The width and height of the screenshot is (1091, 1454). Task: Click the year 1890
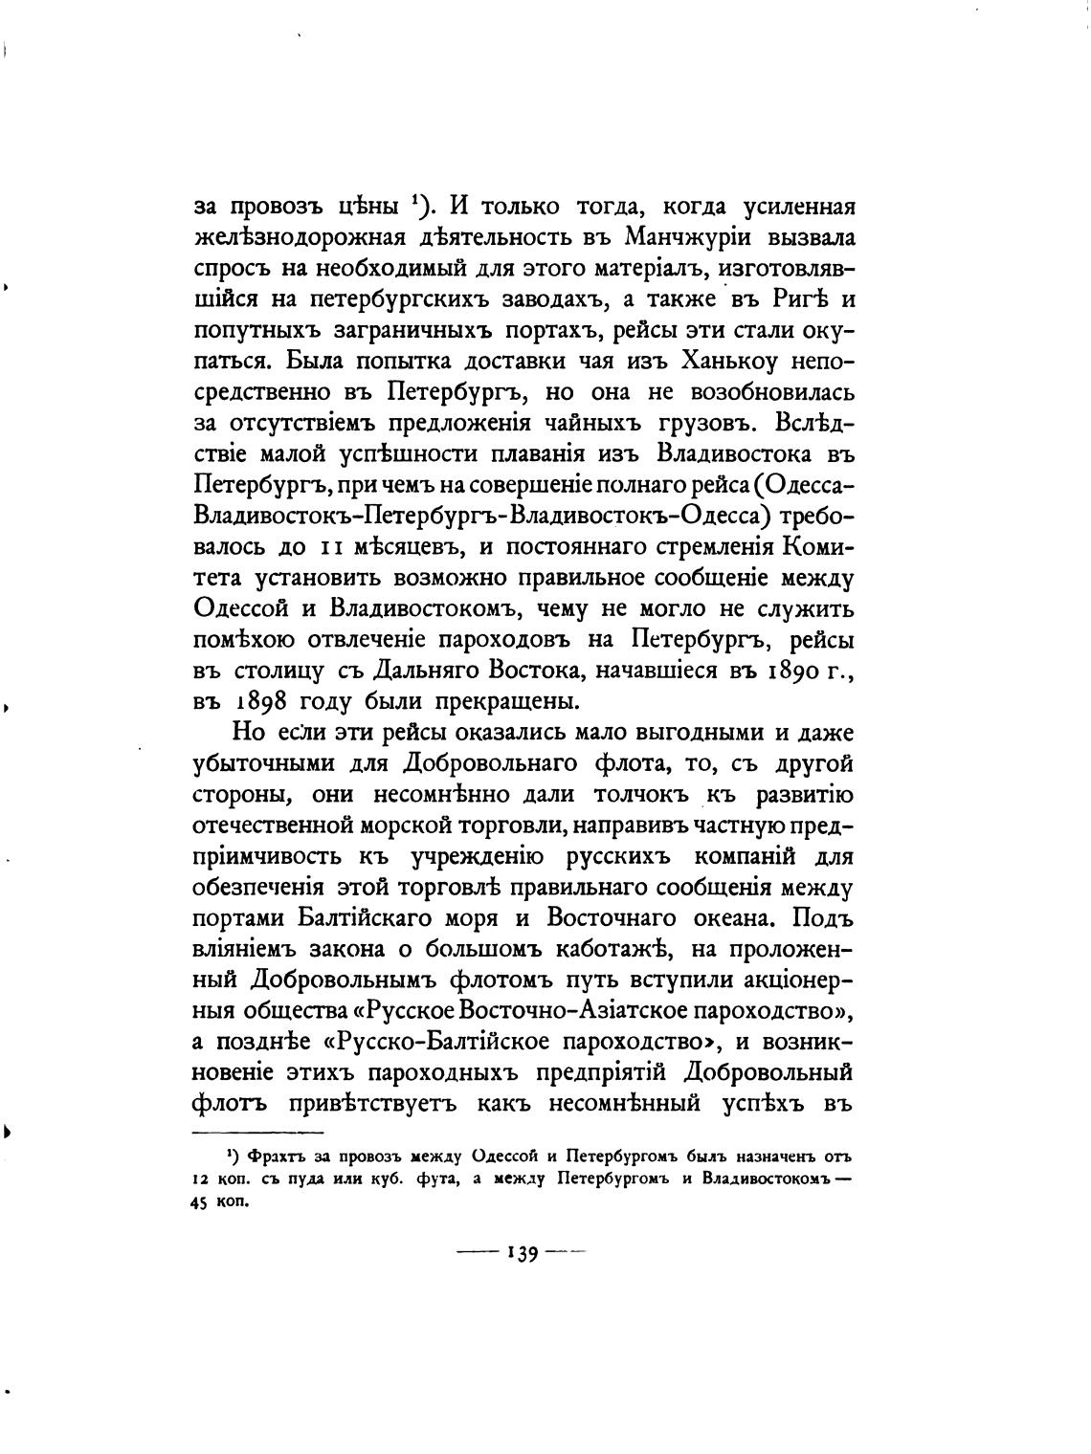[x=789, y=670]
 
